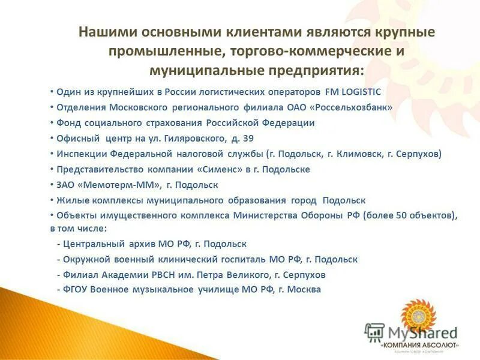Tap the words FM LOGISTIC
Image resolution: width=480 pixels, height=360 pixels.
[x=353, y=92]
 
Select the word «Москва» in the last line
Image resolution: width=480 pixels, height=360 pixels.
[x=304, y=290]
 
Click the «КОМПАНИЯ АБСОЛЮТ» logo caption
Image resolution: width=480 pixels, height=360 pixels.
[x=420, y=346]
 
